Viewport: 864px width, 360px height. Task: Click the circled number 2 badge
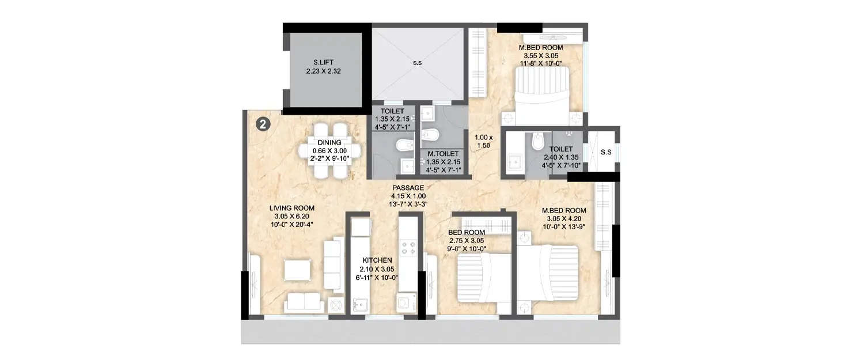[x=262, y=125]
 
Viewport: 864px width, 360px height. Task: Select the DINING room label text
[x=329, y=142]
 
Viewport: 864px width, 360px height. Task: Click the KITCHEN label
[x=377, y=260]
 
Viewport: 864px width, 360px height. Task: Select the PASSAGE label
[x=408, y=188]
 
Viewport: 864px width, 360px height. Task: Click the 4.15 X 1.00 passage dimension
[x=408, y=196]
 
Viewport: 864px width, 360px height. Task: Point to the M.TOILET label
[x=442, y=154]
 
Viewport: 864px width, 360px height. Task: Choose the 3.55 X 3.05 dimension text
[x=540, y=56]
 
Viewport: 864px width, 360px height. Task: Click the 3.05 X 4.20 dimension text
[x=564, y=219]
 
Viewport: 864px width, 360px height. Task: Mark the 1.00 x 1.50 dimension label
[x=484, y=142]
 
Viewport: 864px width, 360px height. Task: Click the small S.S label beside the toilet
[x=605, y=152]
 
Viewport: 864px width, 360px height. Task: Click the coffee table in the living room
[x=297, y=271]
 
